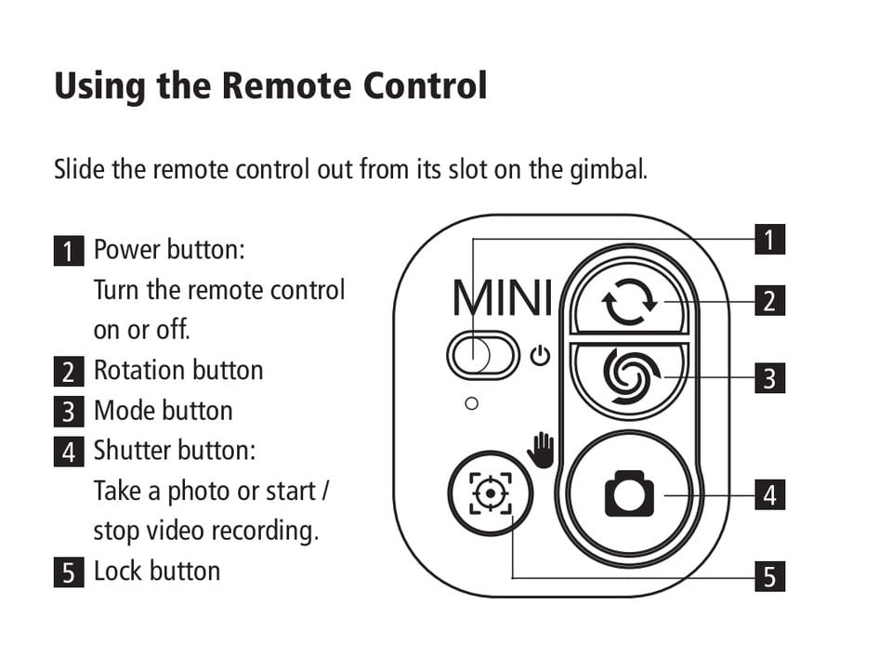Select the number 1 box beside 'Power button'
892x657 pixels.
pos(69,251)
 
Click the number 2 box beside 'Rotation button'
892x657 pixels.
pos(69,371)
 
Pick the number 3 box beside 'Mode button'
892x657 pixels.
pos(69,412)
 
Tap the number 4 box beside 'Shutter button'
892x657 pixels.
pos(69,453)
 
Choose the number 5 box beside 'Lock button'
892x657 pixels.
pos(69,572)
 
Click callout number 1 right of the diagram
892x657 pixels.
pos(769,240)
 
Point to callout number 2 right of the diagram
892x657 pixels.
pos(769,301)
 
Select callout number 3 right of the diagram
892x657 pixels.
pos(769,378)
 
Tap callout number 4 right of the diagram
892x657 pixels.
pos(769,495)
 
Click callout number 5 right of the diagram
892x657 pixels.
pos(769,576)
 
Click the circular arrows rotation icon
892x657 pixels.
pos(629,304)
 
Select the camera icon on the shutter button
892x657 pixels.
pos(629,494)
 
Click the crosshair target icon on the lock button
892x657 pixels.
pos(489,493)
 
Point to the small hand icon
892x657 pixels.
pos(541,450)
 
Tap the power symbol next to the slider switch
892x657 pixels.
pos(540,356)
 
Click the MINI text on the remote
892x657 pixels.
pos(502,298)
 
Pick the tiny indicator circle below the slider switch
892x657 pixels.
pos(471,403)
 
